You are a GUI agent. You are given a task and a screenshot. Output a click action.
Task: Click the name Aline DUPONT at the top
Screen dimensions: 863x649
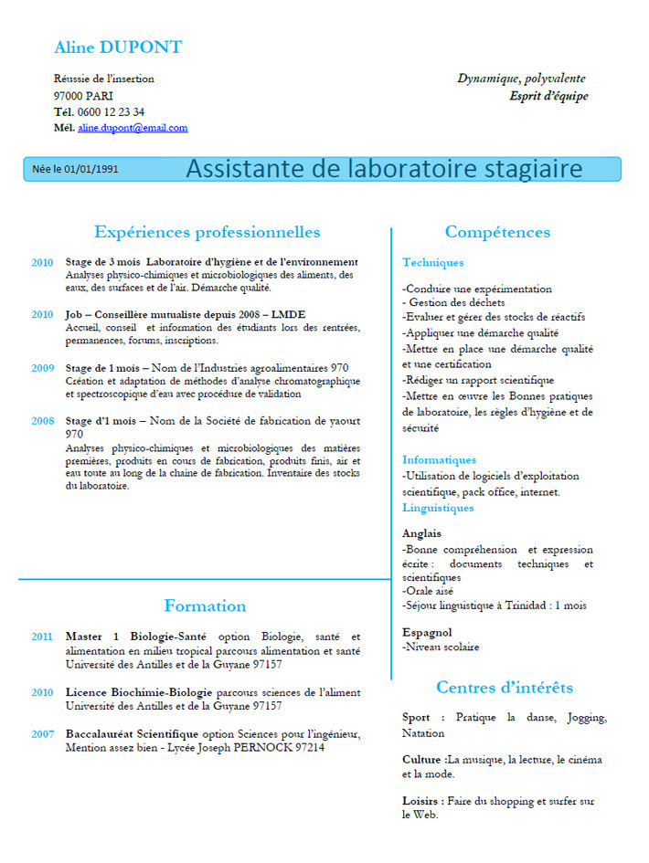coord(118,47)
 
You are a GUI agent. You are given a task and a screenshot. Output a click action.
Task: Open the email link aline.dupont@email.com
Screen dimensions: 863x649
coord(133,128)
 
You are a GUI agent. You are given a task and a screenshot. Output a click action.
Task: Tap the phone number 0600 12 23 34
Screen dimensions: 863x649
coord(111,111)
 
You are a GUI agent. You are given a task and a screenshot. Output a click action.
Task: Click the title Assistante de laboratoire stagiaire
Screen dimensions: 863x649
coord(384,169)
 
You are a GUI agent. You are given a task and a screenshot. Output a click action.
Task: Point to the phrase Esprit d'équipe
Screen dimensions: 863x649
coord(548,96)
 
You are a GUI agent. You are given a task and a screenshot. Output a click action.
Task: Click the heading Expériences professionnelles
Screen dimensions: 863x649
coord(207,232)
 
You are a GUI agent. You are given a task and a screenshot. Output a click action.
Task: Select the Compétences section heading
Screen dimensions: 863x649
coord(497,232)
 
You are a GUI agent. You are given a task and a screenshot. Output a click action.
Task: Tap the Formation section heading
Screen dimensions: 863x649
coord(205,605)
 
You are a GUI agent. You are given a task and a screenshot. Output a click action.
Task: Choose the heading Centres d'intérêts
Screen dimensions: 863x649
coord(504,687)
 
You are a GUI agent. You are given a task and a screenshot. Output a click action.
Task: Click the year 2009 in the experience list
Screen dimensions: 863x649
coord(43,368)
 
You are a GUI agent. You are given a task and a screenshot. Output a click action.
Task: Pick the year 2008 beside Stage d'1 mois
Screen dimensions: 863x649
coord(43,421)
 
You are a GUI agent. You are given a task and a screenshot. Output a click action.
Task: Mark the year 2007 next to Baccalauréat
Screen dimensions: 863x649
coord(43,733)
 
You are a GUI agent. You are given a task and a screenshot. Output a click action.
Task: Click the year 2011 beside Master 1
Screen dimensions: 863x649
coord(43,637)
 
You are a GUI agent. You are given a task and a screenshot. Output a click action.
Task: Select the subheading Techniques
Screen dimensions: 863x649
coord(432,263)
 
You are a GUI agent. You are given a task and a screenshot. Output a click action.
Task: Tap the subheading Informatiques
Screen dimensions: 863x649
coord(439,460)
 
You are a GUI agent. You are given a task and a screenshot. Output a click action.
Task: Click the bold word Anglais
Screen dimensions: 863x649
coord(421,533)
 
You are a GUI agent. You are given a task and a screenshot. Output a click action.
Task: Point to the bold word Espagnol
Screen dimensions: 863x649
coord(427,632)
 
